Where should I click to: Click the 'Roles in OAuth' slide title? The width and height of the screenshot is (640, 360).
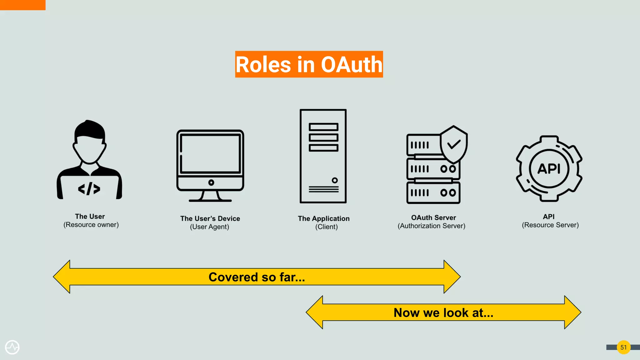(309, 64)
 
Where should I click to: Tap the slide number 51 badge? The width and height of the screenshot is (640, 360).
(623, 347)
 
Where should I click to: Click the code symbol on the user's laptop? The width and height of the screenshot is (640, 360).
(89, 189)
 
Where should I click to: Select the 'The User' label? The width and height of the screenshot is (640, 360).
(90, 216)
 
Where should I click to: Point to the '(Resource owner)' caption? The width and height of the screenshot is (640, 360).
(91, 225)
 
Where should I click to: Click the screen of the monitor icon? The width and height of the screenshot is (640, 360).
(210, 153)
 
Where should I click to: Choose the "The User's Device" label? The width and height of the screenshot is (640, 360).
(210, 218)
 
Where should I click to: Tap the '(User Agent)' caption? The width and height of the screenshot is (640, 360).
(209, 227)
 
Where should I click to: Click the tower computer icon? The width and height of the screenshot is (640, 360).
(323, 156)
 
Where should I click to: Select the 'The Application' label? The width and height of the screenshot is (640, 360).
(323, 218)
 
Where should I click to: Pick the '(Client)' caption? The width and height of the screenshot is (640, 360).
(326, 227)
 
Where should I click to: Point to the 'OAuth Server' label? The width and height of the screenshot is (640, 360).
(433, 217)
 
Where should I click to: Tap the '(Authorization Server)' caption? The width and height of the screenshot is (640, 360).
(431, 226)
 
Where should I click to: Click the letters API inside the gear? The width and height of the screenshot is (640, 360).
(549, 169)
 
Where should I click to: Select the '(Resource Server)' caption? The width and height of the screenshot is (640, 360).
(550, 225)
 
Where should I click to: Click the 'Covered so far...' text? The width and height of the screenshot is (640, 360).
(257, 277)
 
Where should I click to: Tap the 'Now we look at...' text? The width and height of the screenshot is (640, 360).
(443, 312)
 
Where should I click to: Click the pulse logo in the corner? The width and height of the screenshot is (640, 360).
(12, 347)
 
